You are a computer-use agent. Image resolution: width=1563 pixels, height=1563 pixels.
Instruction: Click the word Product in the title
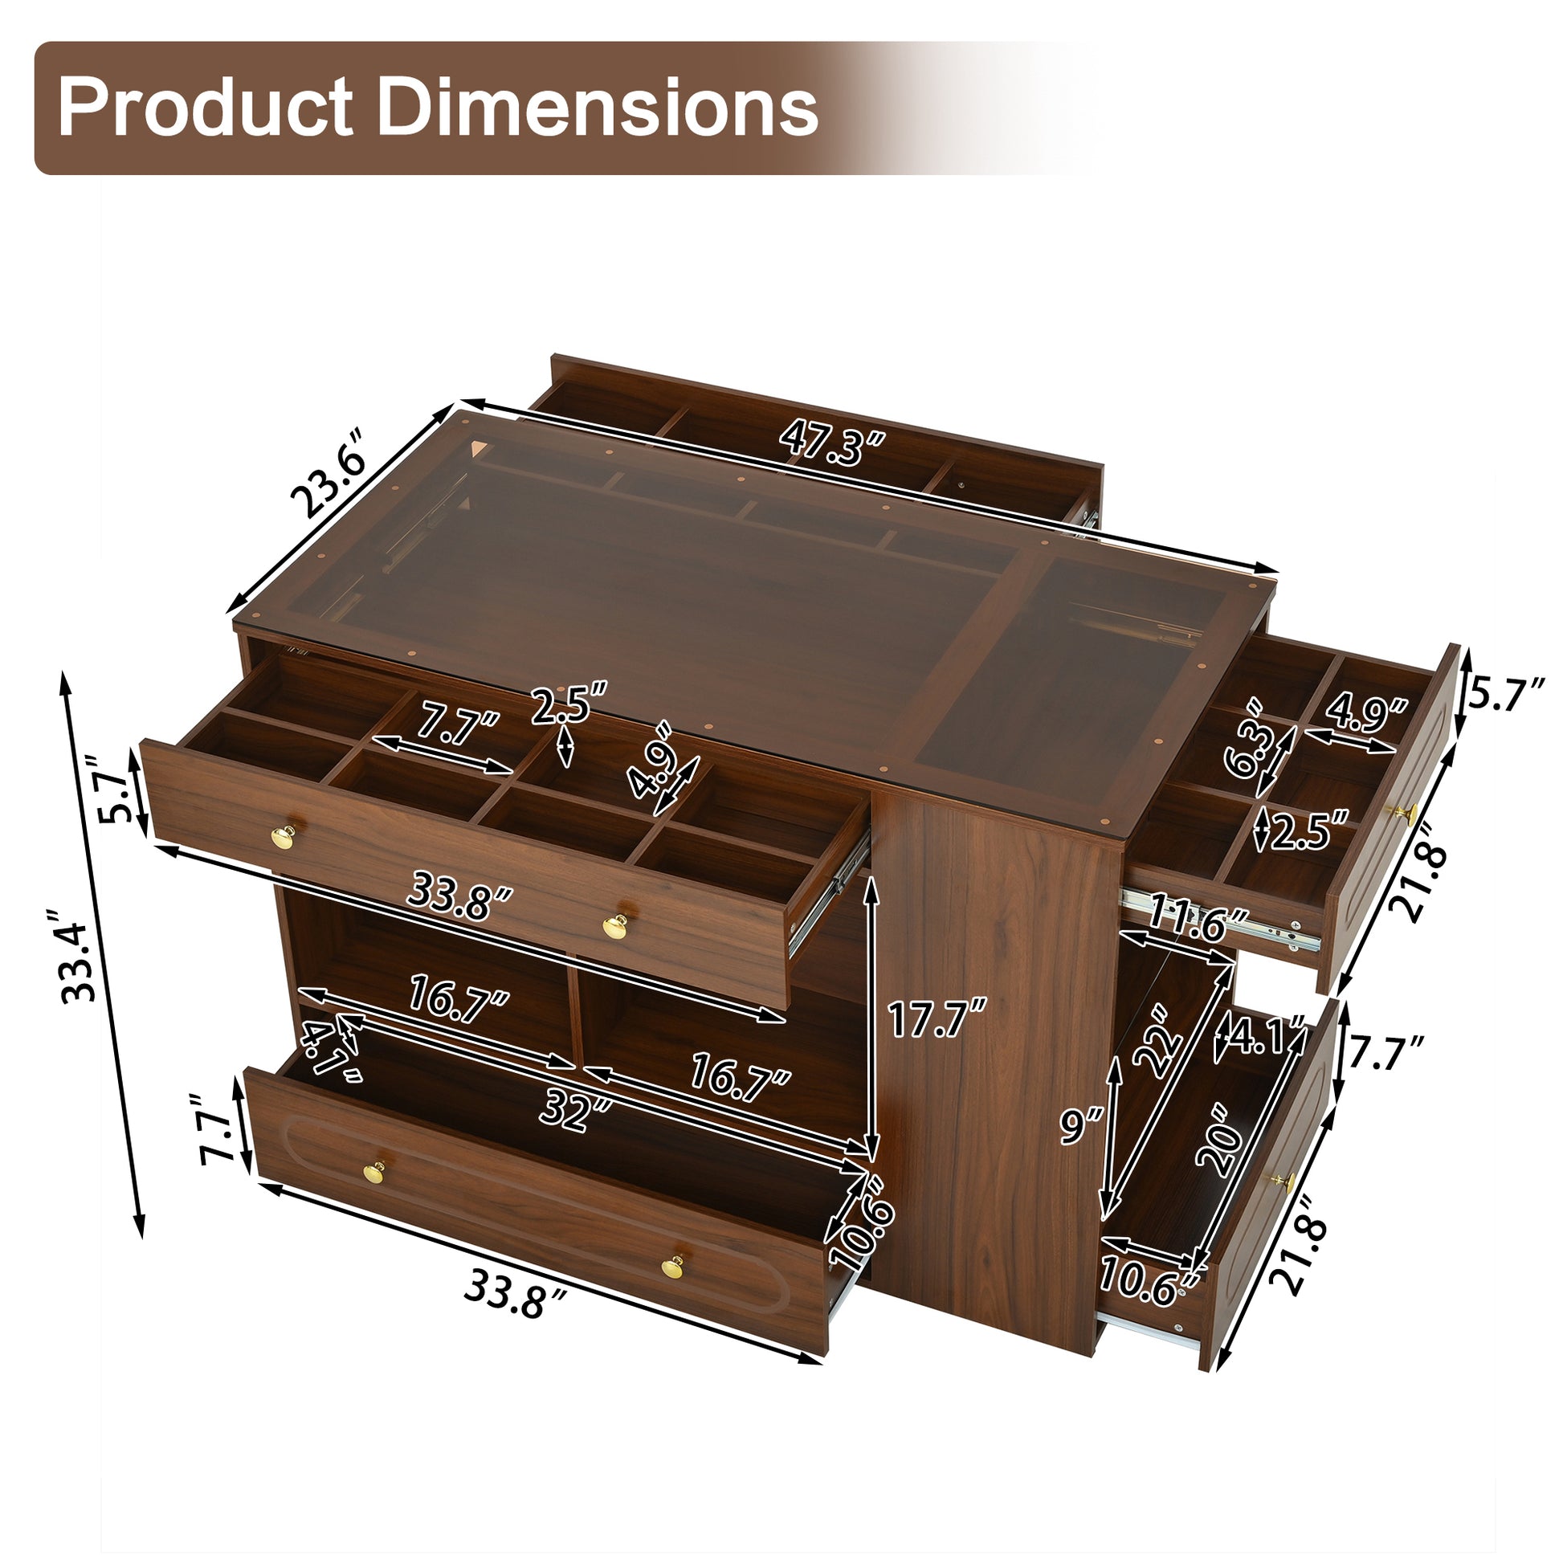[206, 108]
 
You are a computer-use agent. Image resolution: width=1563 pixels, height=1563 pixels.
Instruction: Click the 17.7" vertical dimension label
[937, 1018]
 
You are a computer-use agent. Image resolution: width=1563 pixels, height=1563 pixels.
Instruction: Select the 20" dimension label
[1219, 1140]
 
